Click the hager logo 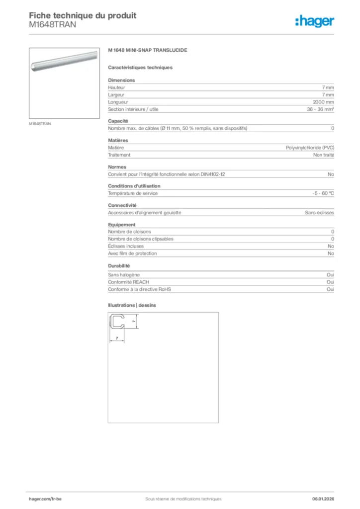[x=314, y=21]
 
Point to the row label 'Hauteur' [x=117, y=87]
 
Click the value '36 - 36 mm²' [x=320, y=109]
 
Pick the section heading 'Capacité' [x=118, y=121]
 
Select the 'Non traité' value [x=324, y=155]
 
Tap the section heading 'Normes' [x=117, y=167]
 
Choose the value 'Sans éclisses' [x=319, y=213]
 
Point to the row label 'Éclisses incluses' [x=126, y=246]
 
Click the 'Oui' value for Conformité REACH [x=330, y=282]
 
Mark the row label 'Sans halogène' [x=124, y=275]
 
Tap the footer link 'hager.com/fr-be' [x=45, y=499]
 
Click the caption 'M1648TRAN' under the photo [x=40, y=124]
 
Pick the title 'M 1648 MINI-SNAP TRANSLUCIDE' [x=148, y=51]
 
